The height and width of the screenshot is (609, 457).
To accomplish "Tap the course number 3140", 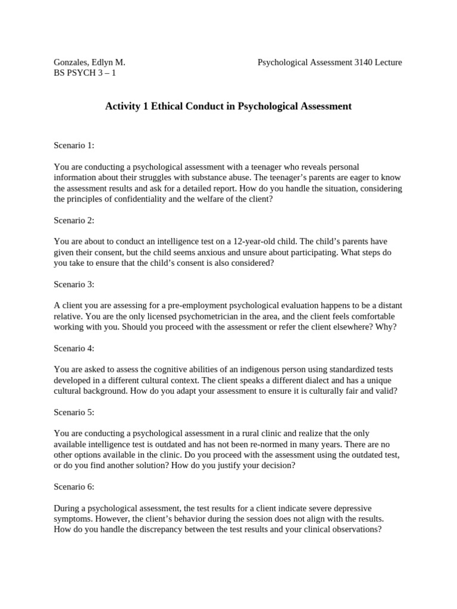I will [363, 62].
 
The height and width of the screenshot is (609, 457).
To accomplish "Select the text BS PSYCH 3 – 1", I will [83, 73].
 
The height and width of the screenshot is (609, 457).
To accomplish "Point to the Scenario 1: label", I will [74, 145].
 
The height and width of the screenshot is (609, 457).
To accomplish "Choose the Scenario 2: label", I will [74, 220].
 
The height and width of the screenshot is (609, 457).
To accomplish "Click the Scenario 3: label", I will [74, 284].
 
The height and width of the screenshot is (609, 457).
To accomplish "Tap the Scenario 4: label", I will [74, 349].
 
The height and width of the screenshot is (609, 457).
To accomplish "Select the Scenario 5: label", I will [74, 412].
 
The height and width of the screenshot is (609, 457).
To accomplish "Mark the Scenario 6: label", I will [74, 487].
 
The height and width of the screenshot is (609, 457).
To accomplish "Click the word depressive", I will [349, 508].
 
